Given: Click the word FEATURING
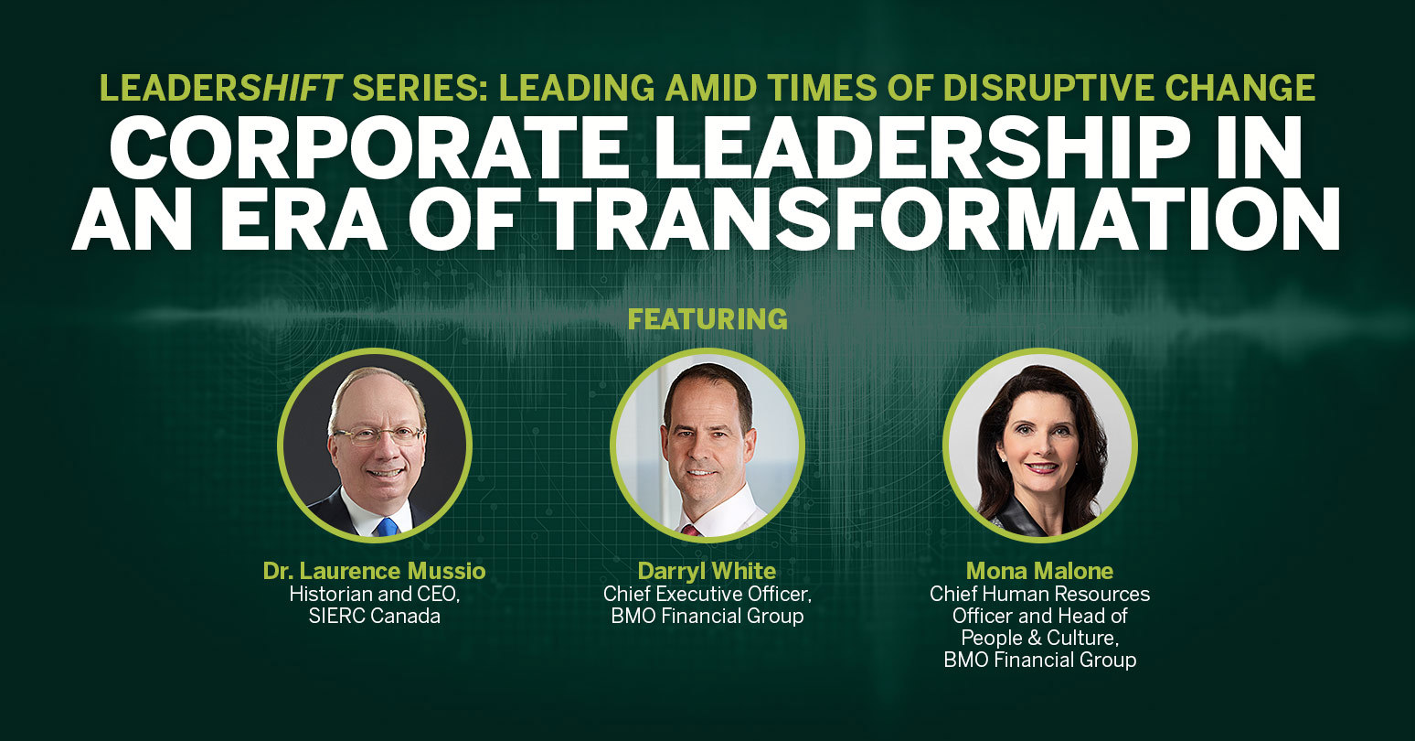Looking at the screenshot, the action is tap(707, 319).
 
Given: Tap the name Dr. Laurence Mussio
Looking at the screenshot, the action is tap(375, 571).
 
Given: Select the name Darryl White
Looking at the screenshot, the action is tap(707, 571).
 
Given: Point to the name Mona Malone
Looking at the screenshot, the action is tap(1040, 571).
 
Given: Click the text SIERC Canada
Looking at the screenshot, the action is tap(375, 616).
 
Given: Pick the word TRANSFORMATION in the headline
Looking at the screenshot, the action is tap(944, 220).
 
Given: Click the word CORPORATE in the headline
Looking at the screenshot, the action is tap(369, 147).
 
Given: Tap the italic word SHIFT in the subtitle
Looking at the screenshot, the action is tap(291, 88).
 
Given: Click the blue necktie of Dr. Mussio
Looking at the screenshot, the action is tap(387, 527).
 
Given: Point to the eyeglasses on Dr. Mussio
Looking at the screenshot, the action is tap(378, 435).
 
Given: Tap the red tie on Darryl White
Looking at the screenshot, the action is tap(690, 530).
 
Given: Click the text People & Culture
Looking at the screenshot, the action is tap(1040, 638).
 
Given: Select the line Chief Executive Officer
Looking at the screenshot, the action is tap(707, 594).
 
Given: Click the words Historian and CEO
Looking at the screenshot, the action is tap(375, 594).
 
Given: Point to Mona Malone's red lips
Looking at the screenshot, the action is tap(1042, 467).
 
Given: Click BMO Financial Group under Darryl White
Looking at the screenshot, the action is tap(707, 616).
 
